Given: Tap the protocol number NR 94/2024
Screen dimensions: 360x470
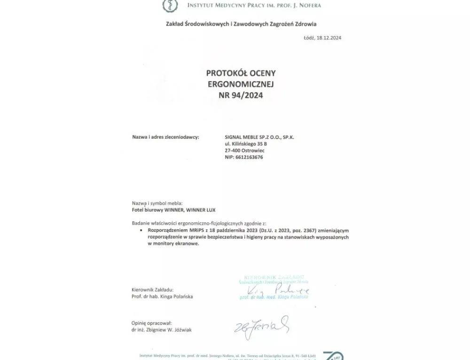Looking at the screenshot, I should [x=241, y=95].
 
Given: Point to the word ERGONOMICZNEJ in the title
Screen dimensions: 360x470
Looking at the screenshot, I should [x=241, y=84].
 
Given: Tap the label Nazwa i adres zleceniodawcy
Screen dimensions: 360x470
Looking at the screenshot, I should [x=165, y=137].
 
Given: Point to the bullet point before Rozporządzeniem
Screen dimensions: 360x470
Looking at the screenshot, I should [x=141, y=231].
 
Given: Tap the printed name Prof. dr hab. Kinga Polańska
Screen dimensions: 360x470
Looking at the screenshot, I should [x=162, y=297].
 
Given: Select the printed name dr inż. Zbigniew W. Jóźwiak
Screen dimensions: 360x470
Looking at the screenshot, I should [x=162, y=330].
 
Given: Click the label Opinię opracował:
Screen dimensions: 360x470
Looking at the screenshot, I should [x=152, y=323].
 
